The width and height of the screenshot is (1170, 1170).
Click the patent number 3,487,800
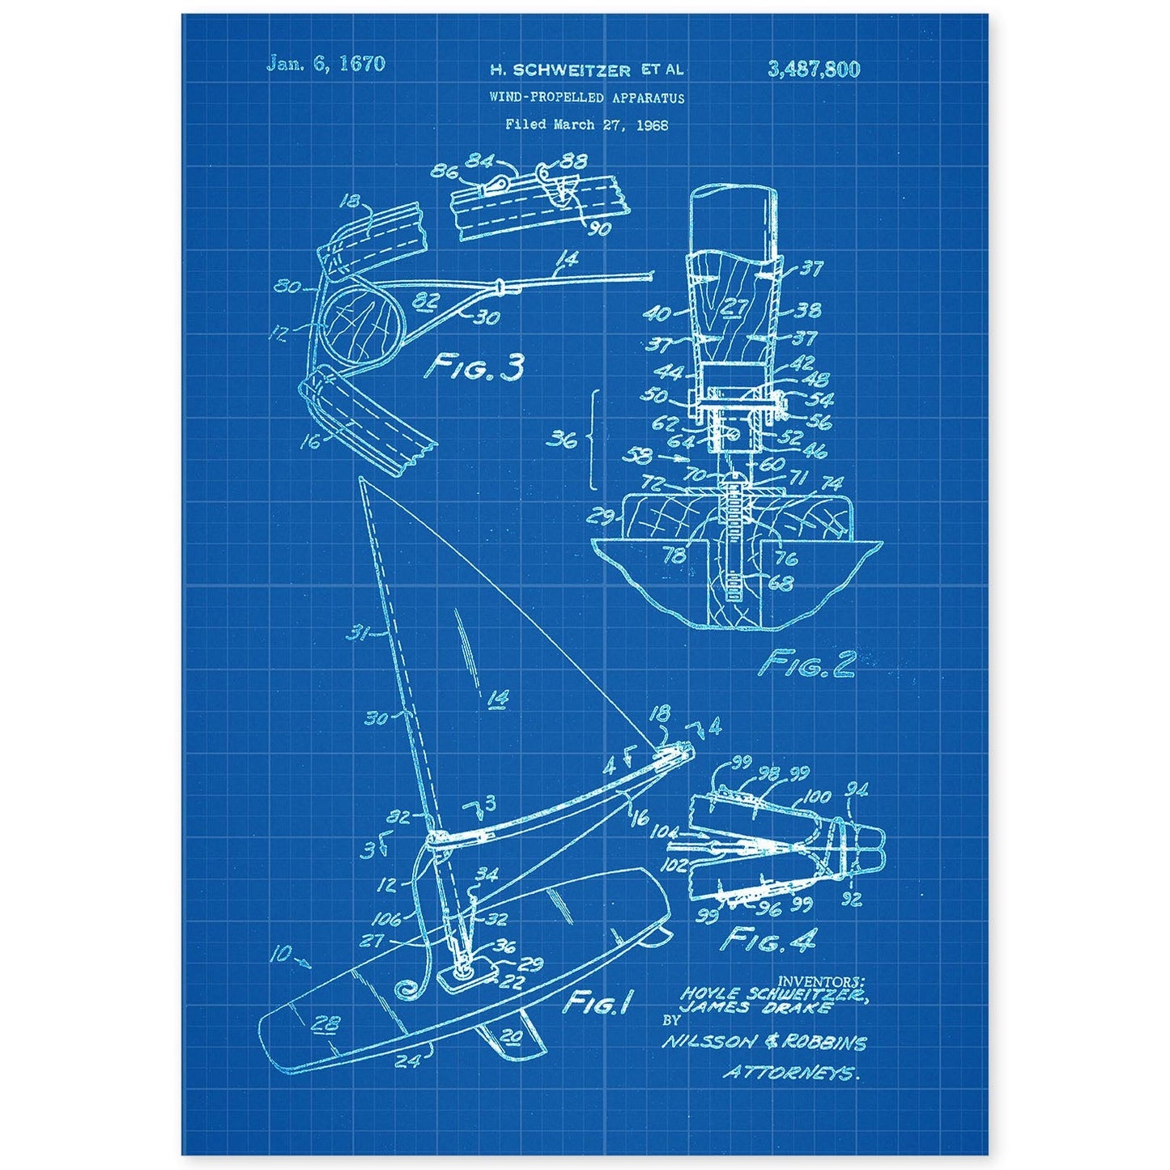[812, 69]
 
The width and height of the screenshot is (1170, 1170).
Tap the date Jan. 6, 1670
[335, 64]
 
